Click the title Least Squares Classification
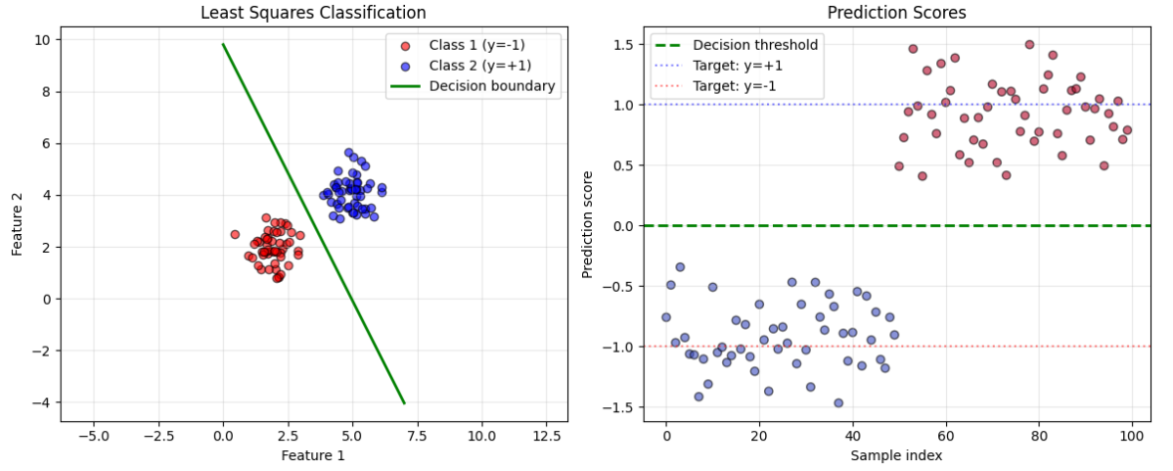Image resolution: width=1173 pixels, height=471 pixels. (313, 13)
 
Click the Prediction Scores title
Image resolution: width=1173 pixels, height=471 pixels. (896, 13)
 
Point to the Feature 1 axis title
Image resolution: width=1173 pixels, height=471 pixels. (313, 455)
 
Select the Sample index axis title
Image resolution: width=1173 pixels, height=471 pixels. (896, 455)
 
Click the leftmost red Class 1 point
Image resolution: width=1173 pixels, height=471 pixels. (235, 234)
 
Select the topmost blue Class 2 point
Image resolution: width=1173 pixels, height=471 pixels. (348, 153)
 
